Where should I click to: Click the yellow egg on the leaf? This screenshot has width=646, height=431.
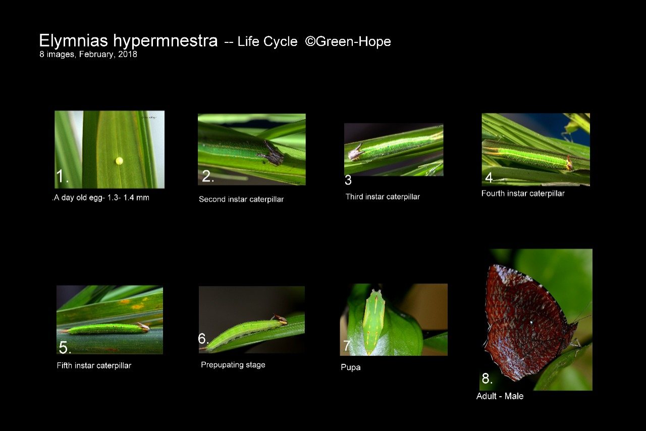pos(119,161)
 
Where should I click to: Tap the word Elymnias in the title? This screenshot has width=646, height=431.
pos(74,41)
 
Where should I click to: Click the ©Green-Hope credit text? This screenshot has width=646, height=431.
pos(348,41)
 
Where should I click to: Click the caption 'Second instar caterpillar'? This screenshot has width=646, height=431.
pos(241,199)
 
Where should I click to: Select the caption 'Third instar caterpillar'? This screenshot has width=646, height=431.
pos(383,197)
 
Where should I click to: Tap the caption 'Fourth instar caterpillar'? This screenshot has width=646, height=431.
pos(523,194)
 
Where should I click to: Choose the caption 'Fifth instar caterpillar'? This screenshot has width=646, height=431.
pos(94,365)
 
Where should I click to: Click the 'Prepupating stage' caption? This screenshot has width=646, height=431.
pos(233,365)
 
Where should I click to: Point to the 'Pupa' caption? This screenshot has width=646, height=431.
pos(351,367)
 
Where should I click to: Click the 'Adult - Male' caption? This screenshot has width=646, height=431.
pos(500,396)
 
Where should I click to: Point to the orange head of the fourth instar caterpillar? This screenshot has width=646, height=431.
pos(569,163)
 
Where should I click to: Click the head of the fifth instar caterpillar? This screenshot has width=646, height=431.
pos(143,326)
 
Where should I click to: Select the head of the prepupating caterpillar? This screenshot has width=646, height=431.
pos(279,319)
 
